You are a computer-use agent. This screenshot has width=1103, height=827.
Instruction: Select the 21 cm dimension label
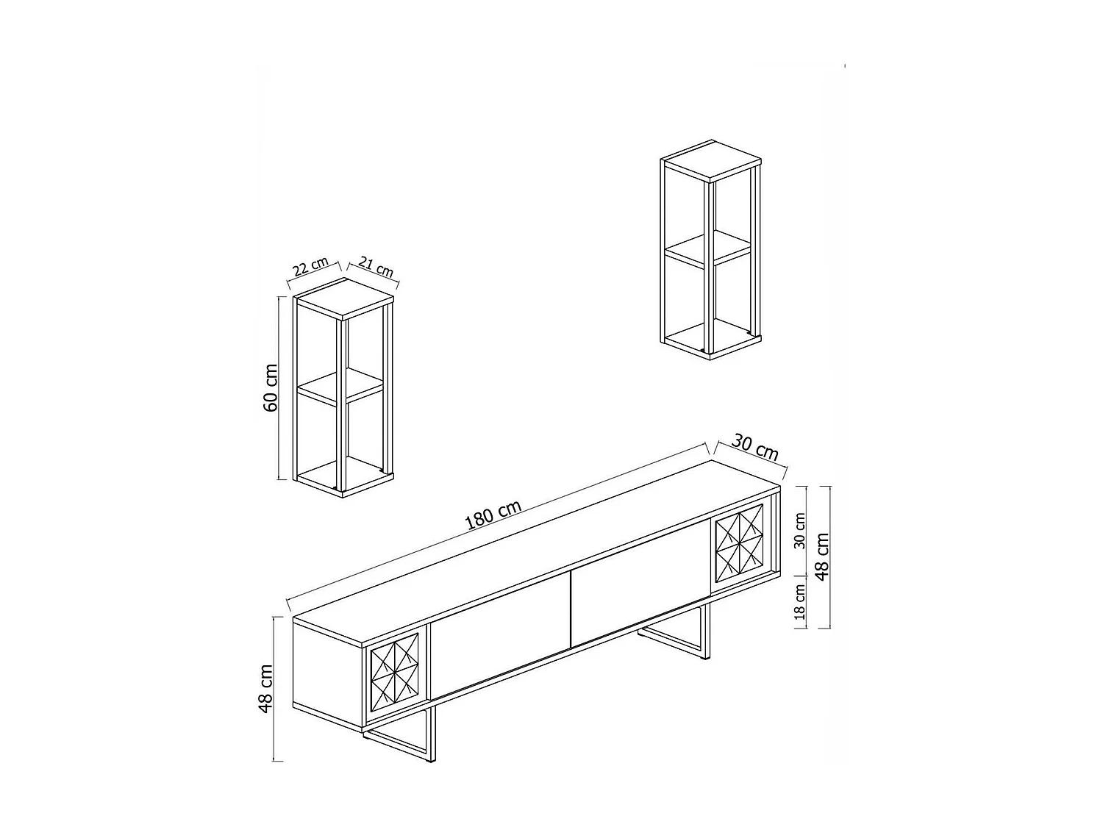[x=375, y=268]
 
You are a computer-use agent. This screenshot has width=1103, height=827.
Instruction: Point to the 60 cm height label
[x=271, y=387]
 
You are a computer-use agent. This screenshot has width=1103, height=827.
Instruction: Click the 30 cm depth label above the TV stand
[x=755, y=448]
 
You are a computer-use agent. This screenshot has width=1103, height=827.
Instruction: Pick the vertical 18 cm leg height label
[x=800, y=602]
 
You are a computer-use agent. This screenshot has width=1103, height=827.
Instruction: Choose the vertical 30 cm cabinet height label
[x=800, y=531]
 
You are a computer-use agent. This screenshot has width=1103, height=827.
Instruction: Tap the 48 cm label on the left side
[x=266, y=688]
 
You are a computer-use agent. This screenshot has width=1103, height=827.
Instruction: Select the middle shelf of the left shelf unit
[x=341, y=387]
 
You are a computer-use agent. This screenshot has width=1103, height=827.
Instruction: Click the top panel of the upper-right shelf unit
[x=710, y=161]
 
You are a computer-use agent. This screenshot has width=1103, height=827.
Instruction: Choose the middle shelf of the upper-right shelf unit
[x=708, y=248]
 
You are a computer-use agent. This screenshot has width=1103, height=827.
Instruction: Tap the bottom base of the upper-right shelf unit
[x=708, y=342]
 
